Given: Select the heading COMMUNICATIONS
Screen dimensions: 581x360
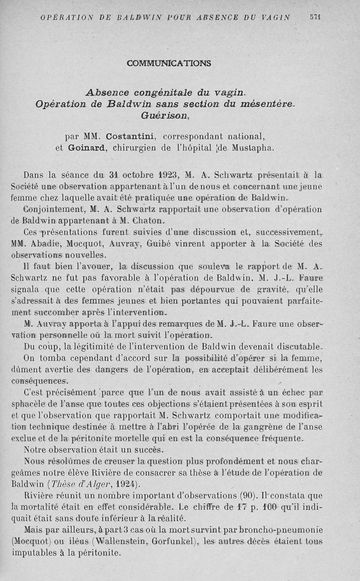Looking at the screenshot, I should (169, 63).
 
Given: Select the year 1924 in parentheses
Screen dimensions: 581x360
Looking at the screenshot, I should (123, 484).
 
